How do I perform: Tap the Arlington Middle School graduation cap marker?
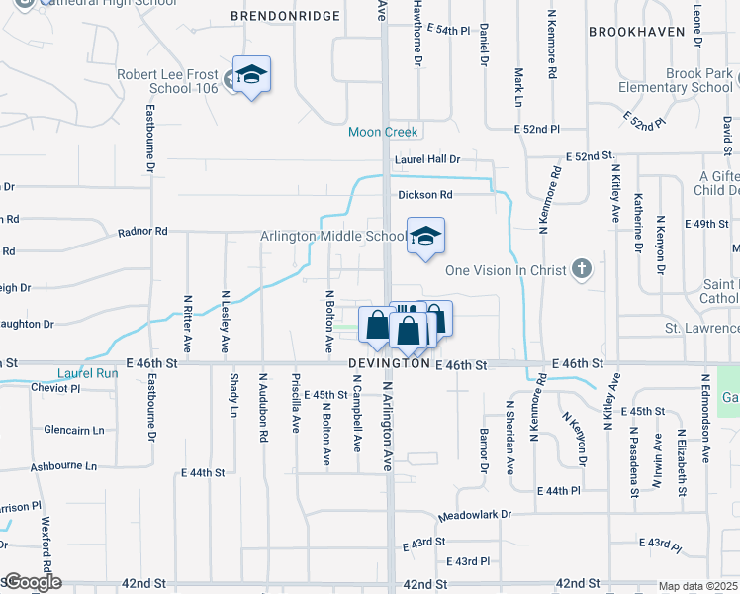point(425,236)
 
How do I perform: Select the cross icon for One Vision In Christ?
point(582,268)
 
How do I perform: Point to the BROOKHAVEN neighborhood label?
point(637,32)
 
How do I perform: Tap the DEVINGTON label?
point(389,365)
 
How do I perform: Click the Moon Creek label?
point(384,132)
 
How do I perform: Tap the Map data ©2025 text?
point(697,586)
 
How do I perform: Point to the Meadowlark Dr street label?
point(476,515)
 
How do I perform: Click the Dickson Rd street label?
point(425,195)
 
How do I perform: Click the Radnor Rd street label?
point(142,231)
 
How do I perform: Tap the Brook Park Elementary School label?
point(686,81)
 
